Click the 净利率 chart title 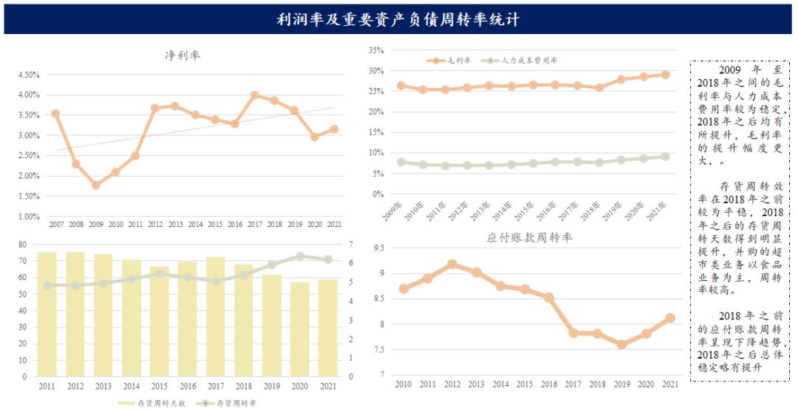[x=183, y=55]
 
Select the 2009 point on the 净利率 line [x=95, y=185]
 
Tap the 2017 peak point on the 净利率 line [x=254, y=95]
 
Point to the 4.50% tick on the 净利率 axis [x=27, y=75]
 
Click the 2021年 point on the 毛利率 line [x=666, y=75]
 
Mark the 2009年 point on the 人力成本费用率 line [x=401, y=162]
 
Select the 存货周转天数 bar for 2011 [x=47, y=314]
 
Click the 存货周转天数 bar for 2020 [x=300, y=329]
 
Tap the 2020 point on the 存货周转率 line [x=300, y=256]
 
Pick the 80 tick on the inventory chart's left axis [x=21, y=245]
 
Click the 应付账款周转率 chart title [x=530, y=237]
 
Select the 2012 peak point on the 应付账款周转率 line [x=452, y=264]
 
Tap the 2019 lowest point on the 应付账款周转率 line [x=622, y=344]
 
